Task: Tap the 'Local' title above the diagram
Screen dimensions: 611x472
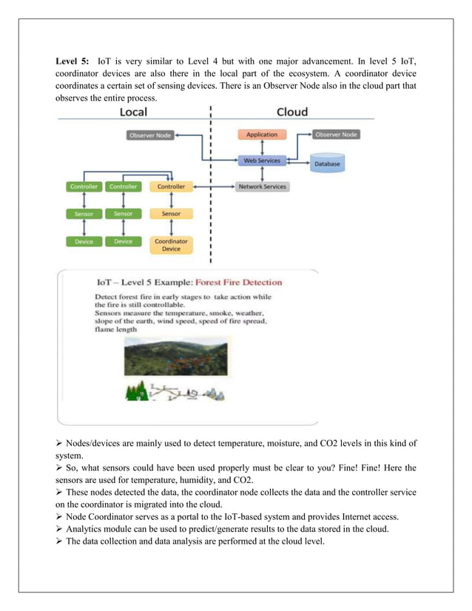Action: click(x=133, y=112)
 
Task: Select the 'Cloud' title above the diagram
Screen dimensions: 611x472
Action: click(x=291, y=112)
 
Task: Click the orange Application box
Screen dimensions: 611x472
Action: click(x=262, y=135)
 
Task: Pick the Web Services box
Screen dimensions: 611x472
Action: click(x=262, y=161)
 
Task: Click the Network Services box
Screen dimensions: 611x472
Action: click(x=263, y=187)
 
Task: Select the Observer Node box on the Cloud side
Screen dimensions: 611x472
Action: click(x=336, y=135)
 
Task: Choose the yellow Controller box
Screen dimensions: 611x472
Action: click(x=171, y=187)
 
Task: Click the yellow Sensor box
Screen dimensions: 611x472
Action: click(x=171, y=214)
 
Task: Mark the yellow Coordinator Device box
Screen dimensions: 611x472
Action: click(x=171, y=245)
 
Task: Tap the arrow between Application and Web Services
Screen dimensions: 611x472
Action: click(x=262, y=147)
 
